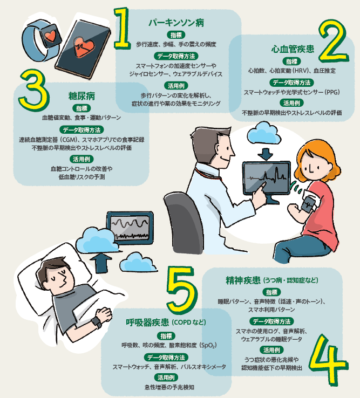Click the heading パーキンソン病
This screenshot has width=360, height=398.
click(x=176, y=23)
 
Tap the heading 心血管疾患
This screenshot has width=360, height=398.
click(x=293, y=49)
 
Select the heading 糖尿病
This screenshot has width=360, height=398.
click(x=81, y=96)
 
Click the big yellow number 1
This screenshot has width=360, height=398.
click(x=122, y=28)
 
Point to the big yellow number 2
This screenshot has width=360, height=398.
click(x=334, y=42)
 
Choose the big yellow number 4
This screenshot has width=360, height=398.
click(x=328, y=359)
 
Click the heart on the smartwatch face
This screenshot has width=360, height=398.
click(x=50, y=36)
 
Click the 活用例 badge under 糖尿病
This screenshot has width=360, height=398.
click(x=81, y=159)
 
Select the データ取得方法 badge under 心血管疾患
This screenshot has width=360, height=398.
click(x=291, y=83)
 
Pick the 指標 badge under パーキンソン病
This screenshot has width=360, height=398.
click(x=176, y=35)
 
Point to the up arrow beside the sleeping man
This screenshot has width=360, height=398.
click(x=101, y=263)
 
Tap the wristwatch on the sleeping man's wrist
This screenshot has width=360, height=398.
click(x=97, y=322)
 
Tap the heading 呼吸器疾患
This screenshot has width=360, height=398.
click(x=147, y=322)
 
